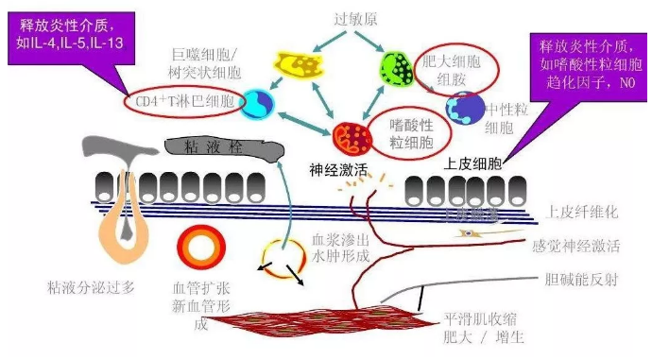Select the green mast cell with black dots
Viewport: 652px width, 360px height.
click(x=396, y=68)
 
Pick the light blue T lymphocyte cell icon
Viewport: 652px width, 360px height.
click(x=256, y=104)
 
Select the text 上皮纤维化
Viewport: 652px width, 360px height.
click(x=582, y=214)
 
